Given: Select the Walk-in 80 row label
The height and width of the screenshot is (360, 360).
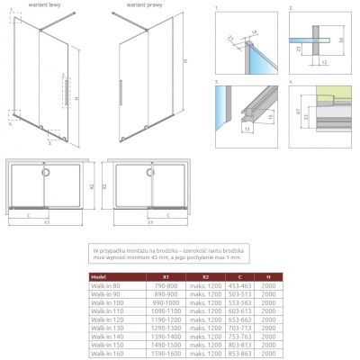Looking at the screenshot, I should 105,287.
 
